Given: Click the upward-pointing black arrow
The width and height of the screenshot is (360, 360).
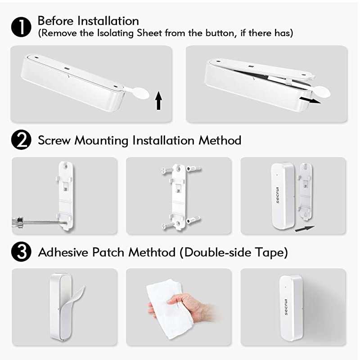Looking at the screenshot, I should coord(158,100).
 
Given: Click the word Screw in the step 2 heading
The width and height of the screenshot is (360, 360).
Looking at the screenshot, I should coord(54,140).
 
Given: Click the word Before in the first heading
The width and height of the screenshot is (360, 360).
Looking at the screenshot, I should coord(53,21).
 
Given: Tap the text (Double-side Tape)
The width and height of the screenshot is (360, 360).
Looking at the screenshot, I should coord(234,252).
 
